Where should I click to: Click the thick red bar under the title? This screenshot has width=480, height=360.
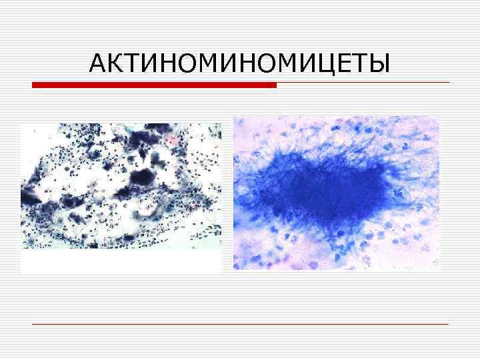[154, 85]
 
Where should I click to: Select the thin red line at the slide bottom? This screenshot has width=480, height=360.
[240, 324]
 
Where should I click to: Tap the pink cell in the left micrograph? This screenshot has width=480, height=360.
[172, 140]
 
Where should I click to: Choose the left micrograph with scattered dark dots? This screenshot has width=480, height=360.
[121, 187]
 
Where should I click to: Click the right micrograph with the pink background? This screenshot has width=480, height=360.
[336, 193]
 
